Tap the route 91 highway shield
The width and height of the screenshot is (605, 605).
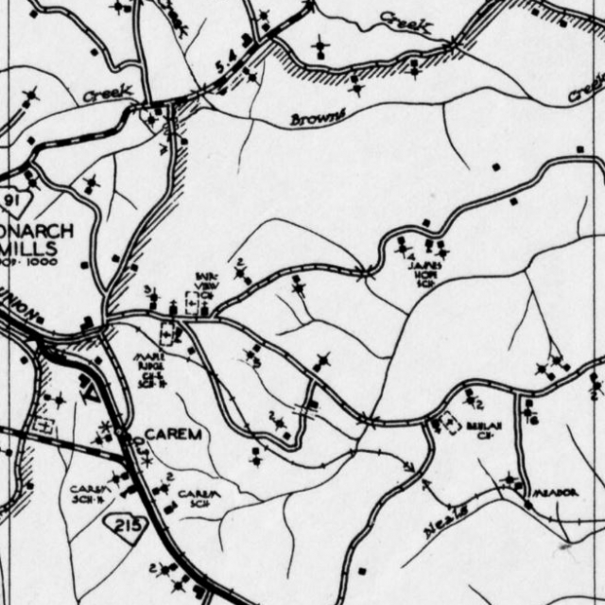coord(13,200)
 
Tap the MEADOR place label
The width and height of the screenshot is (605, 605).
coord(553,493)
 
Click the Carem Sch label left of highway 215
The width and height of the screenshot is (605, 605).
coord(91,493)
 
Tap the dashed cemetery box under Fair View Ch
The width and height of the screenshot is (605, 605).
coord(170,333)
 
